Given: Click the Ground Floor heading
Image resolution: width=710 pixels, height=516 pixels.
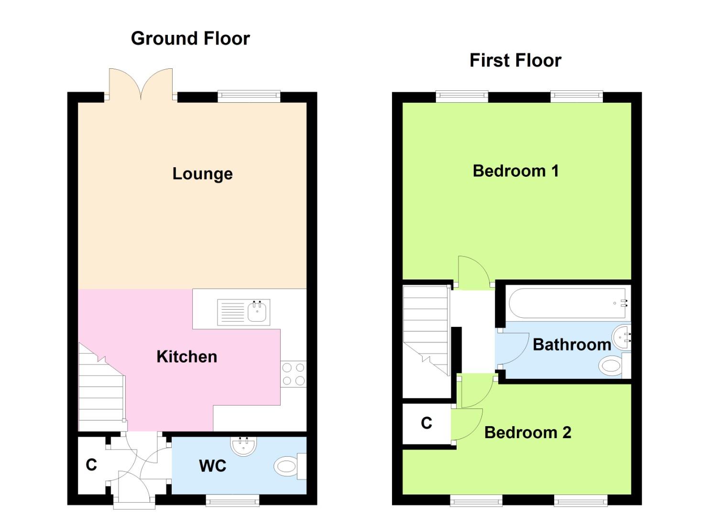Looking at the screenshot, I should pyautogui.click(x=190, y=39).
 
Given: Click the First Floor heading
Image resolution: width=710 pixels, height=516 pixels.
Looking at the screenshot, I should pyautogui.click(x=515, y=61).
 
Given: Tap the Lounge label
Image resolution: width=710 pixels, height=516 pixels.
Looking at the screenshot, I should pyautogui.click(x=202, y=174).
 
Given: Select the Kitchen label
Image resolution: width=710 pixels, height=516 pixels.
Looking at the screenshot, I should pyautogui.click(x=186, y=357).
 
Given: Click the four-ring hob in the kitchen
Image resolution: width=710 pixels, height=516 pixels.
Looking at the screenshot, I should pyautogui.click(x=293, y=374).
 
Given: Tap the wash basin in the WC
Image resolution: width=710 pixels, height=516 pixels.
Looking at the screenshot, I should pyautogui.click(x=244, y=445).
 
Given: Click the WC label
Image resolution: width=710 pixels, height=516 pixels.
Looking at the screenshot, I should pyautogui.click(x=212, y=466).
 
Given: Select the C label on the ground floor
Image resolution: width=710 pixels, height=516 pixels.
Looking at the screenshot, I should pyautogui.click(x=91, y=465).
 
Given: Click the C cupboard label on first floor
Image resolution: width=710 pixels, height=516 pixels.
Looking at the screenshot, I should pyautogui.click(x=426, y=423).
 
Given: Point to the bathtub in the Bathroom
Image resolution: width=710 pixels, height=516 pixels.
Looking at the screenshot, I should pyautogui.click(x=567, y=303).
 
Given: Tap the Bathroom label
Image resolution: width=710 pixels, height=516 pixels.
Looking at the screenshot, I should pyautogui.click(x=571, y=344).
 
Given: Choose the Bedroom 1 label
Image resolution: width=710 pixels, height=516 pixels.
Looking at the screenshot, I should pyautogui.click(x=515, y=171).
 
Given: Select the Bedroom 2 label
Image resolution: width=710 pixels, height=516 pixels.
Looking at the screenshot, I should pyautogui.click(x=527, y=433).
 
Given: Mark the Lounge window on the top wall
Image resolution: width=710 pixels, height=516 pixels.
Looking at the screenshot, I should pyautogui.click(x=249, y=97).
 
